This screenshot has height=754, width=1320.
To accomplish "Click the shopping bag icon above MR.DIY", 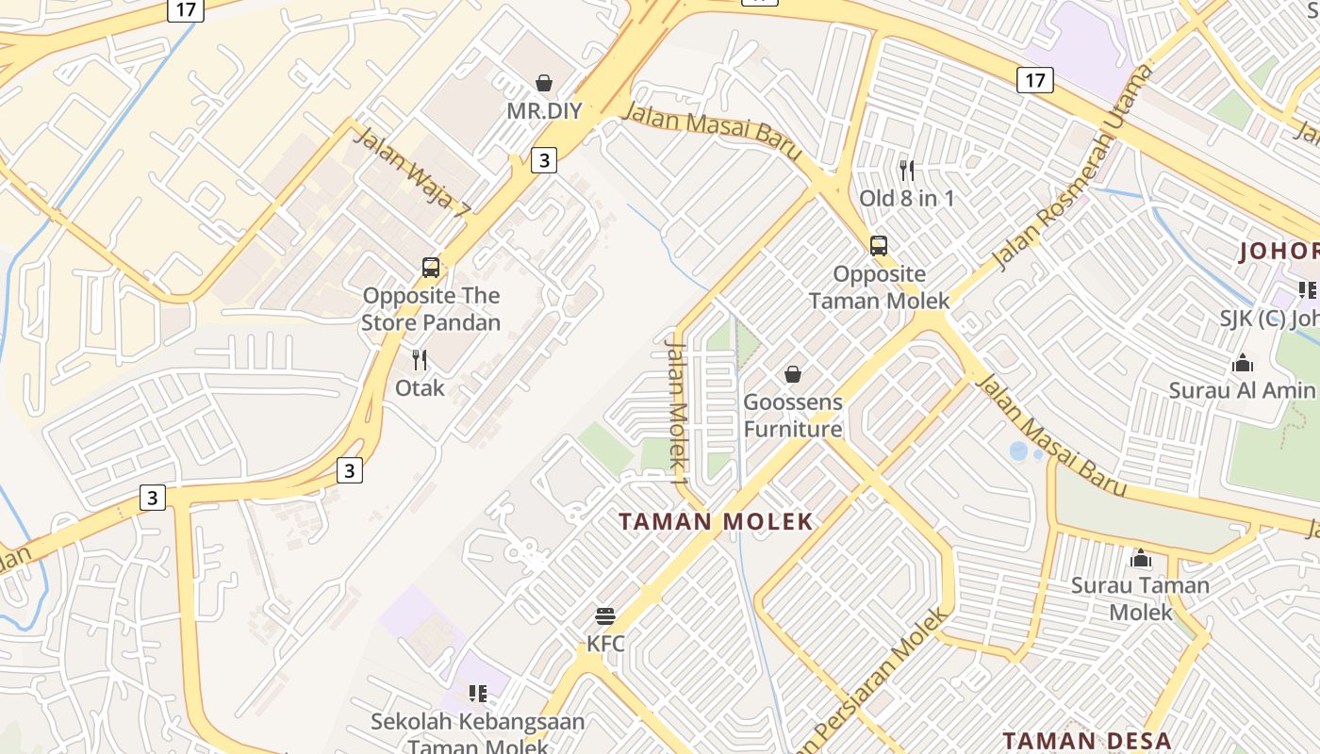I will [544, 83].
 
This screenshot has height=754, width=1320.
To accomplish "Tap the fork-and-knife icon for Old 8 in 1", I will [907, 171].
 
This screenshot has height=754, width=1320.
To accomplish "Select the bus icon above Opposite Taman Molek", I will [879, 246].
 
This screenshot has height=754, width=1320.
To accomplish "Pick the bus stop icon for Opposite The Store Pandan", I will [431, 268].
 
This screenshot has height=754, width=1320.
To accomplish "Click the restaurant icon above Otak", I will [420, 360].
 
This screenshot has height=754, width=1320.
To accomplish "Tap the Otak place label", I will [420, 387].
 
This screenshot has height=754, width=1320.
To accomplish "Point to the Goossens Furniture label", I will [793, 416].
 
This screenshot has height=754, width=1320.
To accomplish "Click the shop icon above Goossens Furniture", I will [793, 374].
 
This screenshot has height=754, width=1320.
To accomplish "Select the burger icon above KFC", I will [605, 617].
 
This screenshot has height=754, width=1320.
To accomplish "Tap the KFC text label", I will [605, 645].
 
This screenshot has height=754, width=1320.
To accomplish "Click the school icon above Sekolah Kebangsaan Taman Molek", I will [478, 695].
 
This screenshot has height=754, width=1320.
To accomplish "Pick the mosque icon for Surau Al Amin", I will [1243, 363].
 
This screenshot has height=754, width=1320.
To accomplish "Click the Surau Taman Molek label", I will [1140, 598].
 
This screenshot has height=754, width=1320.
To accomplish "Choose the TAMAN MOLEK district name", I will [716, 521].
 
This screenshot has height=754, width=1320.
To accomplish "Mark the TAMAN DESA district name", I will [1086, 741].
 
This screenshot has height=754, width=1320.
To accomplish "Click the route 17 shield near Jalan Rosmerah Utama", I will [1034, 80].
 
